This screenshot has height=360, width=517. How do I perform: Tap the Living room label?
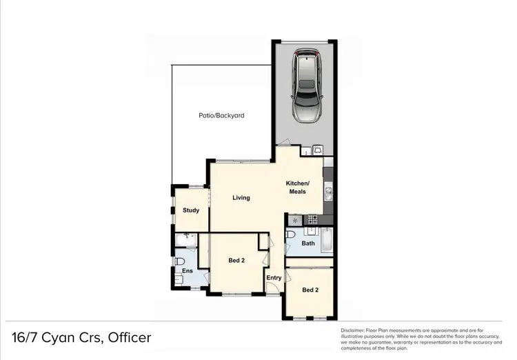241,198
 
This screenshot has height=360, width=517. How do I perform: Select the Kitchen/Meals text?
298,187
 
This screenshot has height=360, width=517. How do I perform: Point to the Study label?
190,210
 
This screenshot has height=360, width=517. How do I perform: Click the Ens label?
187,271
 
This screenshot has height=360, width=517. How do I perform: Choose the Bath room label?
307,243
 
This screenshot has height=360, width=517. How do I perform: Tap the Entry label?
274,278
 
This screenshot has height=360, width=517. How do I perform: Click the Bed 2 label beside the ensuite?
236,260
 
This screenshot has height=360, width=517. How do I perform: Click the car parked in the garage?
307,86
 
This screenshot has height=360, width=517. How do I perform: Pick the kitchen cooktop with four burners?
312,220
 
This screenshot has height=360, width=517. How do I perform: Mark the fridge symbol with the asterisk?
295,220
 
